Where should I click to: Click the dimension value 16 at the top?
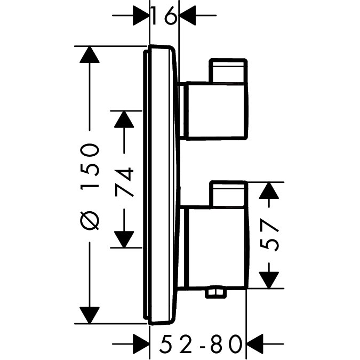tap(164, 17)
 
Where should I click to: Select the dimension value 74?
tap(124, 182)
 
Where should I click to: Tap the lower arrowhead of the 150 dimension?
tap(90, 314)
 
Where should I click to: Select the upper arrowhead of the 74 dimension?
tap(124, 119)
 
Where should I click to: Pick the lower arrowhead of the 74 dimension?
tap(124, 239)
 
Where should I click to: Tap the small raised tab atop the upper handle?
tap(229, 71)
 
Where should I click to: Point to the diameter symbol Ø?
tap(90, 220)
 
